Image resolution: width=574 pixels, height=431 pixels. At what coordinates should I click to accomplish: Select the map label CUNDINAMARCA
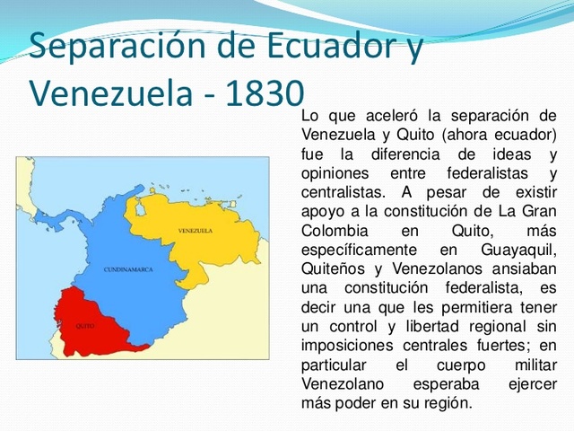[127, 269]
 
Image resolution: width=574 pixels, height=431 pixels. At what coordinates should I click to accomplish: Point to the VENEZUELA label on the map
[195, 231]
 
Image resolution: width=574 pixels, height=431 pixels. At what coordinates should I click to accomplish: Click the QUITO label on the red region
[85, 325]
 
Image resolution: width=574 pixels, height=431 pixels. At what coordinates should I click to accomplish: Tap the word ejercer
[532, 383]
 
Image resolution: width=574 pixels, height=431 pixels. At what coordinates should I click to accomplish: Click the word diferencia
[393, 154]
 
